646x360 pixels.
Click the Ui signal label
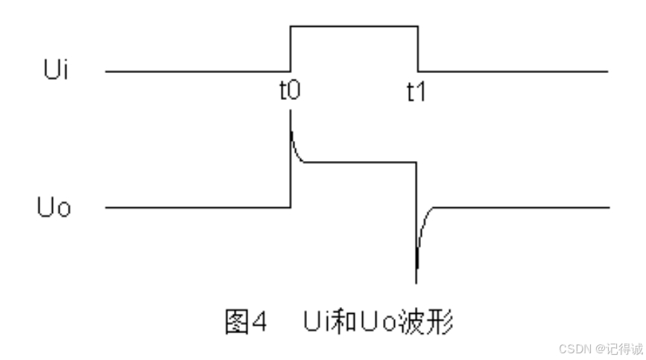pos(56,73)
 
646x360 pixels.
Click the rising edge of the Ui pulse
pos(290,49)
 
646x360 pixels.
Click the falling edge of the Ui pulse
pos(419,49)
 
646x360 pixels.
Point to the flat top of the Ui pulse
pos(354,27)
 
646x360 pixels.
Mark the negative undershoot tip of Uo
pos(416,280)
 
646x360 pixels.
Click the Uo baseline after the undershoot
pos(522,207)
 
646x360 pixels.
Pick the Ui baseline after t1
pos(514,72)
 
